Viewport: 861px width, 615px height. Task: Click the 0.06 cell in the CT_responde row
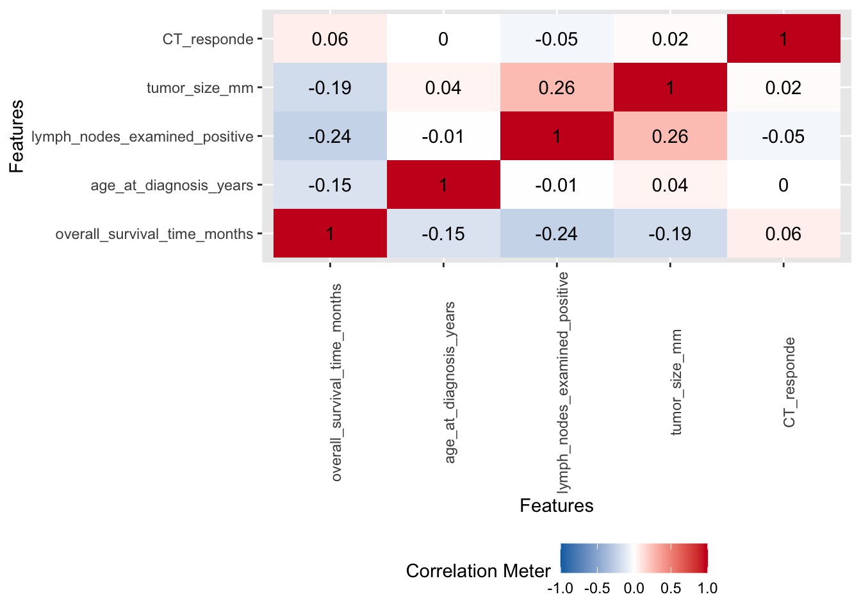(330, 39)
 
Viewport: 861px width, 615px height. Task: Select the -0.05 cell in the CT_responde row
(557, 39)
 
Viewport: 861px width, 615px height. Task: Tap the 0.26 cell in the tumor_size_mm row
(557, 88)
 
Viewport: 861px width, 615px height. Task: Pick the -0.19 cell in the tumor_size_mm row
(330, 88)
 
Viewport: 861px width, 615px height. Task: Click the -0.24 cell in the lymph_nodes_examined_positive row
(330, 136)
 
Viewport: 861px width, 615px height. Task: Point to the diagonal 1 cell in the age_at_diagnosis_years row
(443, 185)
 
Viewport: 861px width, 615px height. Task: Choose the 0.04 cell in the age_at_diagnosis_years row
(670, 185)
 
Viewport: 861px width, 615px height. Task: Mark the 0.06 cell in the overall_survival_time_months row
(783, 234)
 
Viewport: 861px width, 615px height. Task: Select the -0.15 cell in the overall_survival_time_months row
(443, 234)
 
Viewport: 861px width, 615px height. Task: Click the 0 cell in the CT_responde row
(443, 39)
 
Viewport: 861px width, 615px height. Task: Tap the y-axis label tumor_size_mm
(200, 88)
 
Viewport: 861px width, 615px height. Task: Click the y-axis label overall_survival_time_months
(154, 234)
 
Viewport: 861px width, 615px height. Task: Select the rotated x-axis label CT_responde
(789, 382)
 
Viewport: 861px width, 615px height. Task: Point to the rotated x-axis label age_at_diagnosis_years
(450, 382)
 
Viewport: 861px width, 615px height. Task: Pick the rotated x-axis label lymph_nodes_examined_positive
(563, 382)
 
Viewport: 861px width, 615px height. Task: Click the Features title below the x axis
(557, 505)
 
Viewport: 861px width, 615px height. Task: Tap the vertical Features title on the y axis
(17, 136)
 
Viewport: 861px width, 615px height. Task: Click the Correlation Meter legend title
(478, 571)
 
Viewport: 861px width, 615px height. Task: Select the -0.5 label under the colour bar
(597, 588)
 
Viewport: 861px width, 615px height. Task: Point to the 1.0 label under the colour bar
(707, 588)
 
